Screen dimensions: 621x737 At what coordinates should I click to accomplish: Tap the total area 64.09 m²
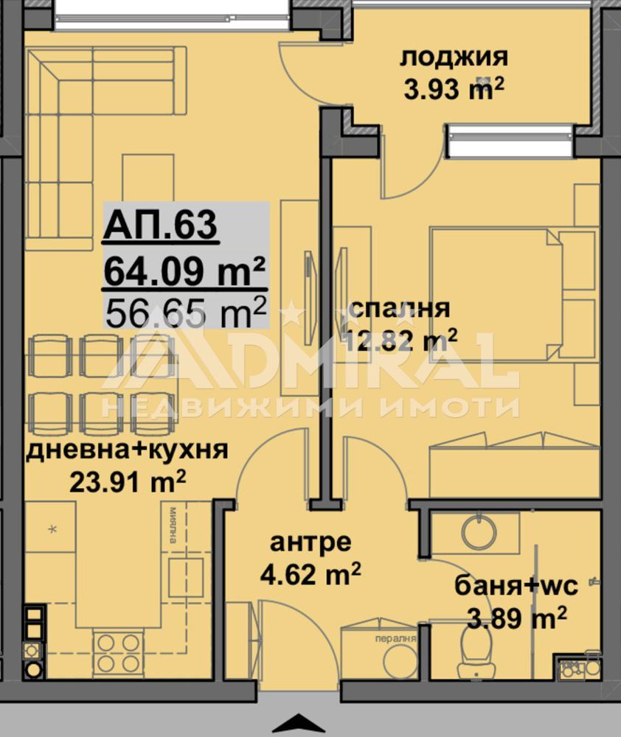pos(185,272)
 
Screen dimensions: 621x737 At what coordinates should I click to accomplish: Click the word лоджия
pos(454,58)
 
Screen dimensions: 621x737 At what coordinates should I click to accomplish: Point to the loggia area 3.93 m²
pos(454,88)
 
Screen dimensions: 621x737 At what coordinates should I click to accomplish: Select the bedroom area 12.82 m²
pos(400,340)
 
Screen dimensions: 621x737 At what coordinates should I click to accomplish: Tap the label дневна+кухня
pos(127,450)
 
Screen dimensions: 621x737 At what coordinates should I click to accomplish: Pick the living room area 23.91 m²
pos(128,481)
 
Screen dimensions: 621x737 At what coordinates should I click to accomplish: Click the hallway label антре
pos(310,542)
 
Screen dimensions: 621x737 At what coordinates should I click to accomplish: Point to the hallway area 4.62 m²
pos(310,573)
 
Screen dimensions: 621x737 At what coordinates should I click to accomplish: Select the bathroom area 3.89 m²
pos(516,618)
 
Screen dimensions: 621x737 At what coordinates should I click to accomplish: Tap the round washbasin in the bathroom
pos(479,531)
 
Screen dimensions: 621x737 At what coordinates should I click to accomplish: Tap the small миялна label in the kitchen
pos(173,524)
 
